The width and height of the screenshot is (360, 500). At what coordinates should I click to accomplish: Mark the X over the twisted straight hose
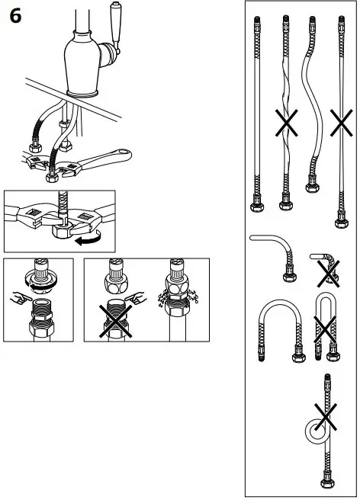(x=287, y=122)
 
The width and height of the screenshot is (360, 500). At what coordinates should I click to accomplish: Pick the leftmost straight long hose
(x=256, y=114)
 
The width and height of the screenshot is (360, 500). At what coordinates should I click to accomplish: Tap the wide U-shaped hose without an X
(x=275, y=328)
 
